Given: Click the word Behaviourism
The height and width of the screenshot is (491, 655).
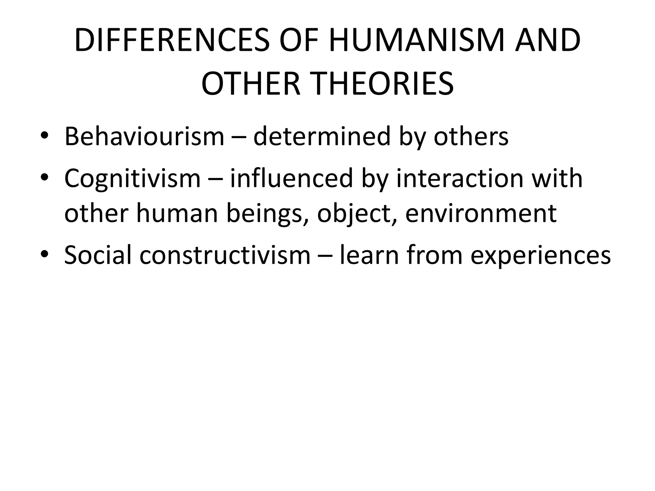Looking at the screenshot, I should (x=144, y=136).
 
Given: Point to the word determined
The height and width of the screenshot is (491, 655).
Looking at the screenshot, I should (x=322, y=136).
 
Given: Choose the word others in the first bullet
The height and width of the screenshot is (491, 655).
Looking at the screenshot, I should (x=471, y=136).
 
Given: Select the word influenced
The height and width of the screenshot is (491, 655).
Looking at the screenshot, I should (x=291, y=178).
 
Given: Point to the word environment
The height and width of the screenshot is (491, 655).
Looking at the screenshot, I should (x=481, y=214).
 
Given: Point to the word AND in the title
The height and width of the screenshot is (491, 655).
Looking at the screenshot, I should (x=547, y=41).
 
